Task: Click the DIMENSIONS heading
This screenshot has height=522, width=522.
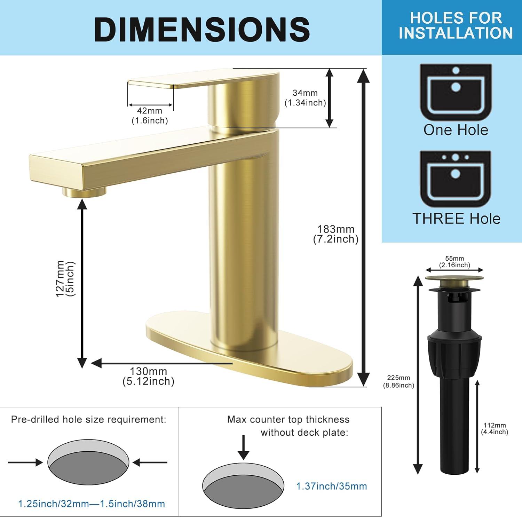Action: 202,29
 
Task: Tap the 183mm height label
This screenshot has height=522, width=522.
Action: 336,234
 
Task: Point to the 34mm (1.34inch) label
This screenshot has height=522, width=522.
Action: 305,98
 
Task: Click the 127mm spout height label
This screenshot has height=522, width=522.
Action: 65,279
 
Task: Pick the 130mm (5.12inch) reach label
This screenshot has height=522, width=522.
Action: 149,376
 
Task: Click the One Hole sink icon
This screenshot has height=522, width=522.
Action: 456,92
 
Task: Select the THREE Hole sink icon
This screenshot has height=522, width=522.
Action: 456,179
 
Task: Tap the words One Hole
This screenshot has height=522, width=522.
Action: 456,130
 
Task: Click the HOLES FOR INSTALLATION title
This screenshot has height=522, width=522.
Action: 456,25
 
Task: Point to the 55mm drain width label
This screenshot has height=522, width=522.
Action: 454,262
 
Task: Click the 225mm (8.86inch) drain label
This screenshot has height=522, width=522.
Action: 398,381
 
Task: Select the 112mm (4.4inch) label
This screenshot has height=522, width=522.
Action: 495,429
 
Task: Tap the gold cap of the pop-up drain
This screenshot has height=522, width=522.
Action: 454,278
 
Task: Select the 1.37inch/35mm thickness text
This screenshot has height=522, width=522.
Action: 331,486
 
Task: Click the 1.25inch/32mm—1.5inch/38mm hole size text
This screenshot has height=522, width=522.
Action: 92,504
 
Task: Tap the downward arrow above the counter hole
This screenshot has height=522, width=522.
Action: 244,447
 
